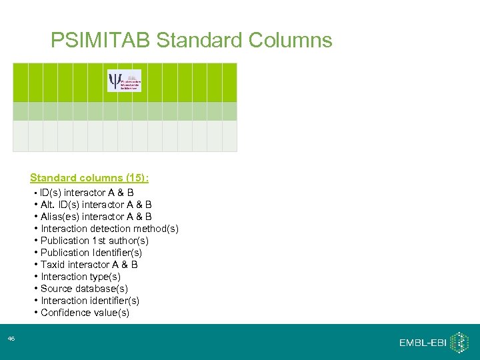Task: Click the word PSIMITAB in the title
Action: tap(101, 41)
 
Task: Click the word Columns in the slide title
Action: tap(290, 41)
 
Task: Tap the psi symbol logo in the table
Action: tap(124, 81)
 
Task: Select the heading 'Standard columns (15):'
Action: tap(89, 178)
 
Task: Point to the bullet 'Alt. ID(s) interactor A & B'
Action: tap(96, 205)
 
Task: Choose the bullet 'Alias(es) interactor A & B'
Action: tap(96, 217)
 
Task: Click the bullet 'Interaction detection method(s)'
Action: tap(109, 229)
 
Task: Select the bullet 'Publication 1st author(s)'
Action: tap(95, 241)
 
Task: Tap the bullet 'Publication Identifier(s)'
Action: tap(91, 253)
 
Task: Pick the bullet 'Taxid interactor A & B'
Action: tap(89, 265)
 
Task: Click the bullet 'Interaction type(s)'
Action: tap(81, 277)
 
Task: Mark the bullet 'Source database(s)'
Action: tap(85, 289)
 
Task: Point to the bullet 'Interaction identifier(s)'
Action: tap(90, 301)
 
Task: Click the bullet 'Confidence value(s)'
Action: tap(85, 313)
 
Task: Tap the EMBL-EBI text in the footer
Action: tap(422, 343)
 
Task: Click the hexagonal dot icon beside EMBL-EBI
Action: tap(459, 342)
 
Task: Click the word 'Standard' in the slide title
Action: tap(199, 41)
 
